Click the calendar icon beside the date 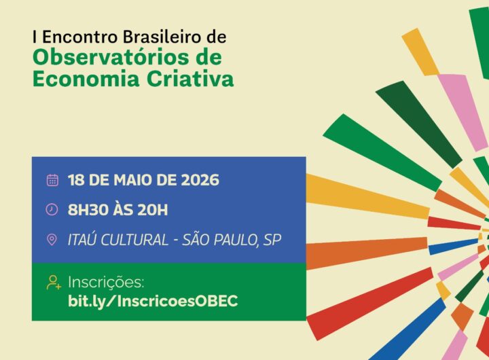[x=52, y=180]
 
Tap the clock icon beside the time [x=52, y=210]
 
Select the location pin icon [x=52, y=240]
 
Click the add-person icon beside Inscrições [x=54, y=283]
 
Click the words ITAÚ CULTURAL [x=118, y=240]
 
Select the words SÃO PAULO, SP [x=232, y=240]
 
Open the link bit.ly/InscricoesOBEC [x=153, y=302]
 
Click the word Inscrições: [x=106, y=283]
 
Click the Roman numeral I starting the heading [x=35, y=37]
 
